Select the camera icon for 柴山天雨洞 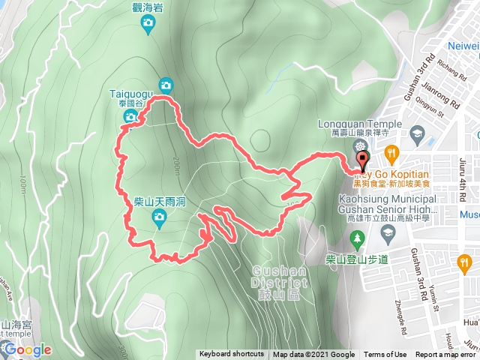(x=158, y=218)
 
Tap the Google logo (x=28, y=349)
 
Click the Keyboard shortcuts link (x=232, y=355)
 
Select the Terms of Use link (x=385, y=355)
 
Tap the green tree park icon (x=358, y=238)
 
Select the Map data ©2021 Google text (x=313, y=355)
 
